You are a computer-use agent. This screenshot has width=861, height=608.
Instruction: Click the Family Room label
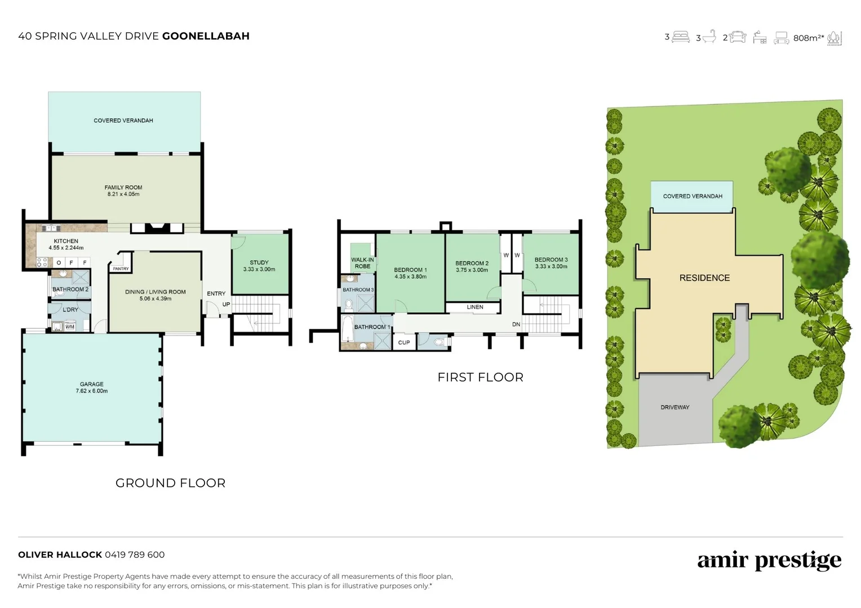[x=123, y=187]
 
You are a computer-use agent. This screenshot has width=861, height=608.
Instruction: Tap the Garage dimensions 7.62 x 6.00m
[x=91, y=391]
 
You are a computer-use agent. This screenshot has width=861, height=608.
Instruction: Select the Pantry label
[x=121, y=269]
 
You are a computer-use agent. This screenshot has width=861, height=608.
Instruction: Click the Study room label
[x=259, y=262]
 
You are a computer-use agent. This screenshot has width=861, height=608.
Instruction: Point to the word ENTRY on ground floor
[x=216, y=294]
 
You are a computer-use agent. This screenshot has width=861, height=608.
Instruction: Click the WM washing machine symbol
[x=70, y=327]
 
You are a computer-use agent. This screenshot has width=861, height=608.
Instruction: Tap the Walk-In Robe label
[x=362, y=263]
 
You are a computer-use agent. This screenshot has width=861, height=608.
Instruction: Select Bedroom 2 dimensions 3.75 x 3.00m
[x=472, y=270]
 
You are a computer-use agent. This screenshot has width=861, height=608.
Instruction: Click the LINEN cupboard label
[x=475, y=307]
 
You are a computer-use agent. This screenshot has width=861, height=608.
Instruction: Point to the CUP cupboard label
[x=404, y=342]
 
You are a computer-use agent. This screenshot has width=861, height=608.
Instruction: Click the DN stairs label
[x=516, y=325]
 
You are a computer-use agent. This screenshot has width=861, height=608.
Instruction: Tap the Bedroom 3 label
[x=551, y=260]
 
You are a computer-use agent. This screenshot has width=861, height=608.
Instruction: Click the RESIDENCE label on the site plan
[x=704, y=278]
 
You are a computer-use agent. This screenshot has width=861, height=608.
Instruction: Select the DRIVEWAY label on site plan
[x=674, y=407]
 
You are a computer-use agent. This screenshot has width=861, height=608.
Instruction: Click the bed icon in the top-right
[x=681, y=37]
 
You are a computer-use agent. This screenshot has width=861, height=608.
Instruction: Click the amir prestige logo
[x=769, y=560]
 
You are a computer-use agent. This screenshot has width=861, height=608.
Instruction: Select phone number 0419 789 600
[x=135, y=555]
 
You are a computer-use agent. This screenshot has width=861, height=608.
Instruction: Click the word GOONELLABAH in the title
[x=206, y=36]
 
